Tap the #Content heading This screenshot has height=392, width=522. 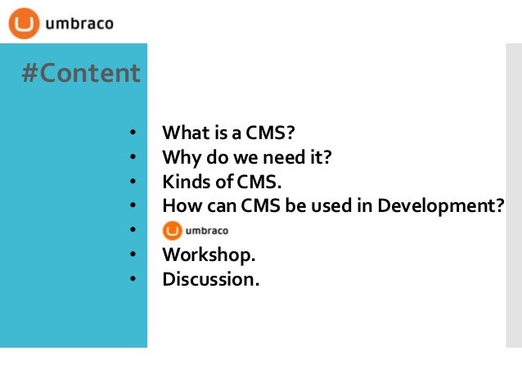tap(80, 74)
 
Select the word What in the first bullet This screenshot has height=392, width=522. tap(182, 133)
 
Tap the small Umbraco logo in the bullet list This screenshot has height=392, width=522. tap(196, 230)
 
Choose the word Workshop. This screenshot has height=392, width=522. tap(203, 255)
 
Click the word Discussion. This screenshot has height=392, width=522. tap(210, 279)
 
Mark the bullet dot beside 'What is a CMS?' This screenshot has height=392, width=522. tap(130, 133)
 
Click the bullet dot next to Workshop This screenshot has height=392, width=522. tap(130, 255)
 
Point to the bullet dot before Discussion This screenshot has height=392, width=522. tap(130, 280)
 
